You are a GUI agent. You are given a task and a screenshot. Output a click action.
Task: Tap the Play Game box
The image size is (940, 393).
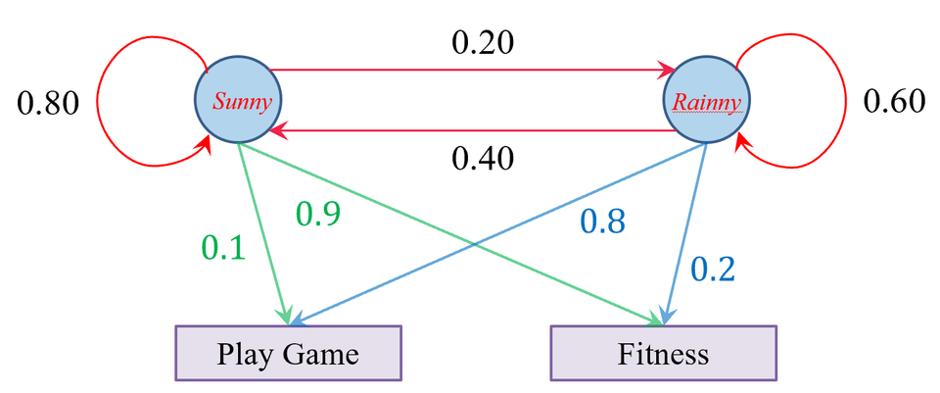288,353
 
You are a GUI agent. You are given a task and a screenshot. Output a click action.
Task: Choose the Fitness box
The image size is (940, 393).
664,353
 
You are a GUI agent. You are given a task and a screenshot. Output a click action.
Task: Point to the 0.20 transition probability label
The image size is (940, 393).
483,43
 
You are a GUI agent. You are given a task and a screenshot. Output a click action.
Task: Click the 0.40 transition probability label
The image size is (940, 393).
483,159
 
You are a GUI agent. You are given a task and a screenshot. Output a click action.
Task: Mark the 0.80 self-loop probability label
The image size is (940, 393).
48,104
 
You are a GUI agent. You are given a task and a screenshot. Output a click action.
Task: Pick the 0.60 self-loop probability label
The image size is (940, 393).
894,102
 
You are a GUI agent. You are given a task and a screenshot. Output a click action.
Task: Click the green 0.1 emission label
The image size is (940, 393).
223,248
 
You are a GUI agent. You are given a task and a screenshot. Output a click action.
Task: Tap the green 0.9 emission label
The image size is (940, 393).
318,215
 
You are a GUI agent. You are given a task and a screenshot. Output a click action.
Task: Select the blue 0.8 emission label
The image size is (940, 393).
603,222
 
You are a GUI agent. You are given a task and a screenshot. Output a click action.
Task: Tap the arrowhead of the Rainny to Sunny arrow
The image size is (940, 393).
276,129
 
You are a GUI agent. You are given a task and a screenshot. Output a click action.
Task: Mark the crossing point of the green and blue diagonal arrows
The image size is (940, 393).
475,244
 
